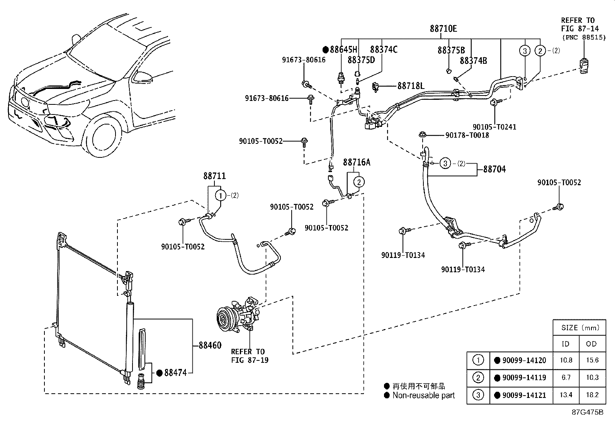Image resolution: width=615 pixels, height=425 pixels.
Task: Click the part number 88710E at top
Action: [x=443, y=29]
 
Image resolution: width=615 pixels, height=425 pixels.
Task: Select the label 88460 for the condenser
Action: [x=210, y=345]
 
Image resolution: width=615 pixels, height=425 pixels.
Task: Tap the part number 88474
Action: [x=175, y=373]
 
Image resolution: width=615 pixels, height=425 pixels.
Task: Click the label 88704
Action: [x=494, y=169]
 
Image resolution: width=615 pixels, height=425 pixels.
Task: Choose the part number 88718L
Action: [x=411, y=86]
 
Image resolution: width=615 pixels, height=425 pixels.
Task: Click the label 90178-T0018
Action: [x=467, y=135]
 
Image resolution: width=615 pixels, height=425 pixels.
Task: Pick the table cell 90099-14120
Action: [x=524, y=360]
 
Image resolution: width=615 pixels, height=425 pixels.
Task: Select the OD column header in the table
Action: [x=591, y=344]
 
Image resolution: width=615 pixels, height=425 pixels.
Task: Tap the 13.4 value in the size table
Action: [x=566, y=395]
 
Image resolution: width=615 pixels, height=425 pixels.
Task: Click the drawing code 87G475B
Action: [x=588, y=412]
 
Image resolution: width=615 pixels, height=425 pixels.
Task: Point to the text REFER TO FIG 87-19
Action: [x=250, y=356]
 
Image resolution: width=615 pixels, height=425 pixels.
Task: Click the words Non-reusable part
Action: [x=424, y=395]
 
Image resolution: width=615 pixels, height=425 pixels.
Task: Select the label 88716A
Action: [x=357, y=162]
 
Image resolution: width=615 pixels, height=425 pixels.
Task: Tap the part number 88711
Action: [x=214, y=176]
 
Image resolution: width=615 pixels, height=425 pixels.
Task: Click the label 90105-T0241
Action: [x=494, y=127]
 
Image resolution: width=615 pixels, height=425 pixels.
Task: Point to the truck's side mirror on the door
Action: [x=144, y=77]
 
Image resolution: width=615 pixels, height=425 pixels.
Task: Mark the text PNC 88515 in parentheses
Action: [x=584, y=38]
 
